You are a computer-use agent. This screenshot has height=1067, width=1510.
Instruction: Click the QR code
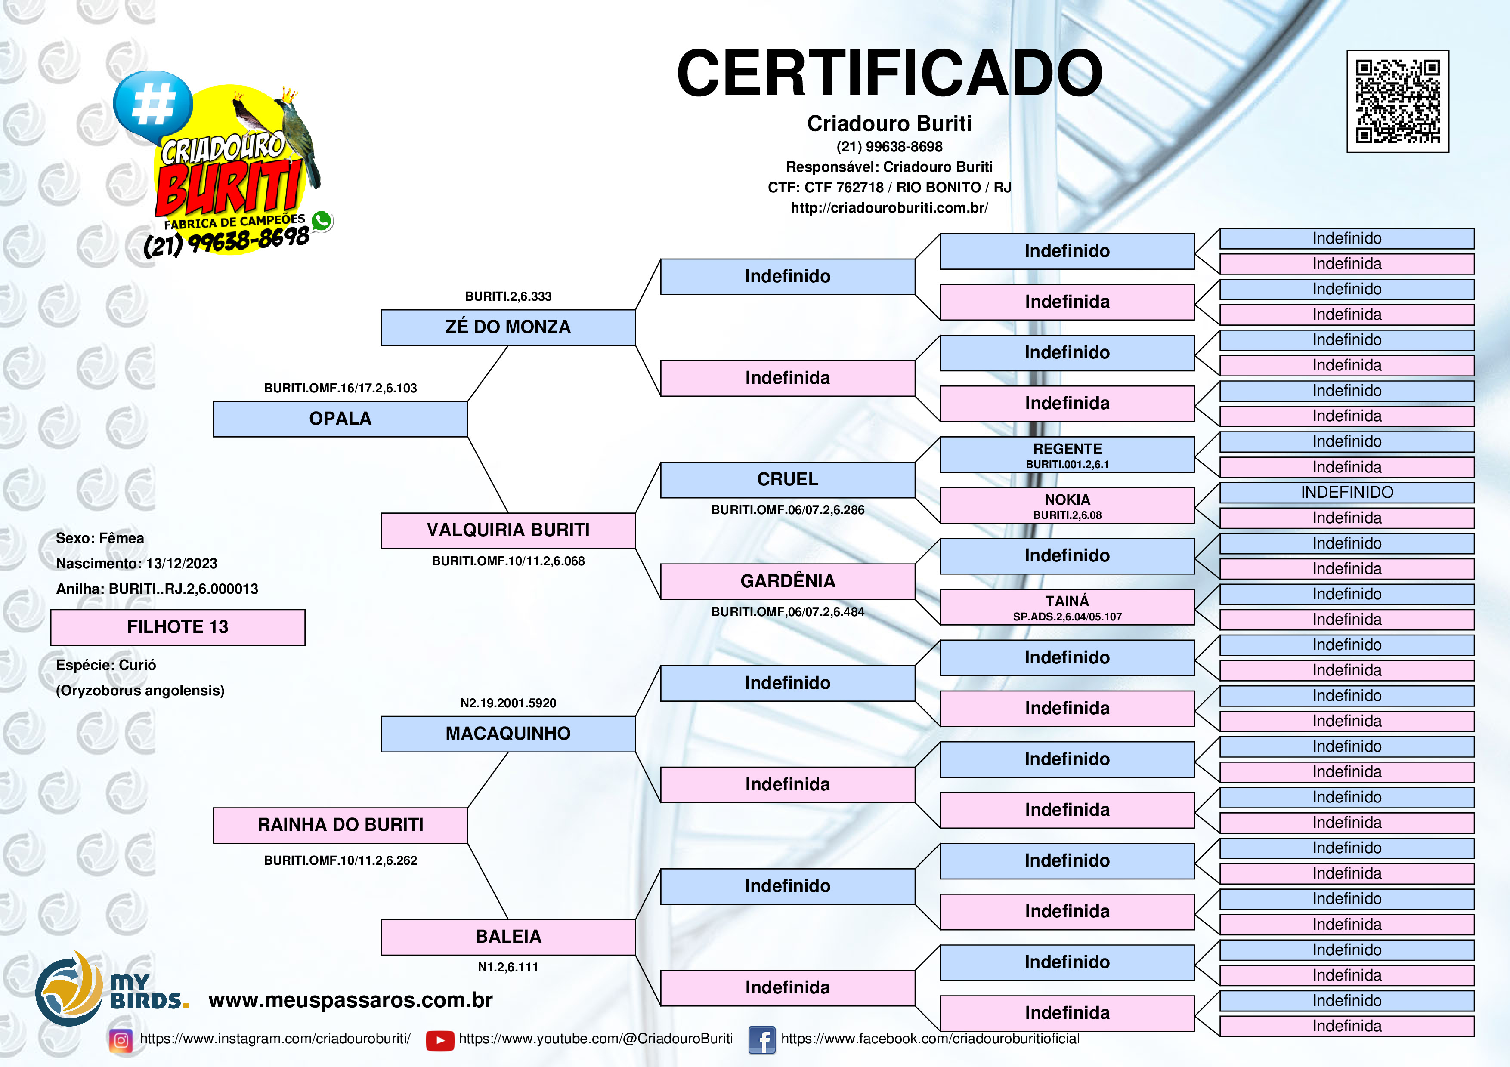click(1398, 101)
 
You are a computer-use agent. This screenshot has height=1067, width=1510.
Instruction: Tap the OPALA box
click(340, 419)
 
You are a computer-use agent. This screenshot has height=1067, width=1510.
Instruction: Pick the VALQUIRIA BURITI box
click(508, 530)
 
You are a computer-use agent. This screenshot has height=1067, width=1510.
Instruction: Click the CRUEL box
click(787, 480)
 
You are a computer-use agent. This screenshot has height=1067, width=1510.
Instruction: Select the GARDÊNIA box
click(787, 581)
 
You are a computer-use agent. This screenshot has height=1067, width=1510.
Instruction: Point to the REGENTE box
click(1067, 454)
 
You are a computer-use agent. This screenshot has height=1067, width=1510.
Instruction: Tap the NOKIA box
click(1067, 505)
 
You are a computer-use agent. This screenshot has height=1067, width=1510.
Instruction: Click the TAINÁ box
click(1067, 607)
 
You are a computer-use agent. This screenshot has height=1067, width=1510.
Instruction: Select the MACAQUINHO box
click(508, 734)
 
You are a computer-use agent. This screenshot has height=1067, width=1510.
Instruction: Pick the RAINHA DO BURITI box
click(340, 825)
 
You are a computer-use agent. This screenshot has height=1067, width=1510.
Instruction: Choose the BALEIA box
click(508, 937)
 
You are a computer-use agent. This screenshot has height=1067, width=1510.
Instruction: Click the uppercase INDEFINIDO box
click(1347, 492)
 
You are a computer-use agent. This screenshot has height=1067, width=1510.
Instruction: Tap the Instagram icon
click(121, 1040)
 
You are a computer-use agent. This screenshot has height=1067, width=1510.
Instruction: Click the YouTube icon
click(440, 1040)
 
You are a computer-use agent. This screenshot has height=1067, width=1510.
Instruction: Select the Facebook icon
click(762, 1040)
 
